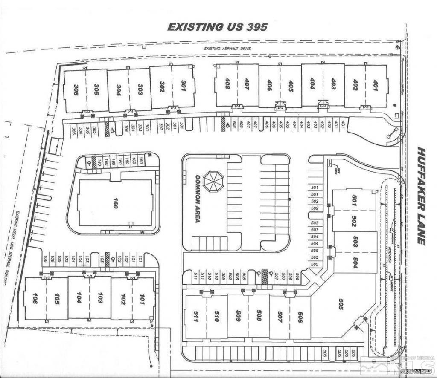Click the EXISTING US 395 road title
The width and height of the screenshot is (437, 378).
point(217,27)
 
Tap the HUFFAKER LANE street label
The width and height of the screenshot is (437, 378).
point(422,196)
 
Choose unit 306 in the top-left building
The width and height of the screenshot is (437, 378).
point(76,89)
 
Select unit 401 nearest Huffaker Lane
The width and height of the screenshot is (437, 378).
point(376,85)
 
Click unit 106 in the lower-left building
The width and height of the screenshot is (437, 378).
point(35,298)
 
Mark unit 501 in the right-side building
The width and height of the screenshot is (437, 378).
point(354,200)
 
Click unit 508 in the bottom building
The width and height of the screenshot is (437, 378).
point(259,317)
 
